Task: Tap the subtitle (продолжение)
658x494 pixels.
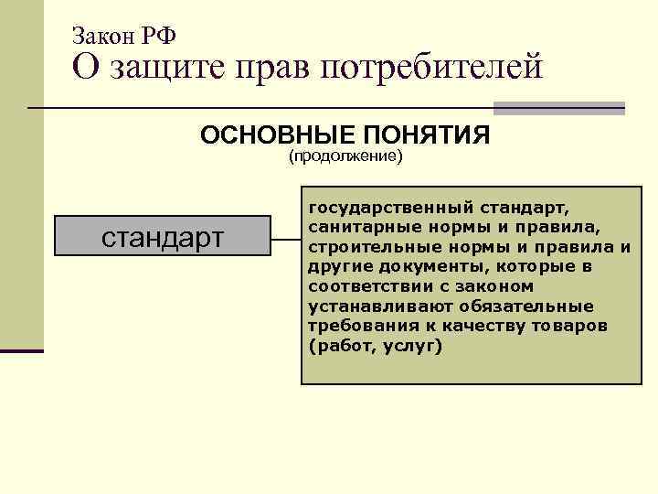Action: click(345, 156)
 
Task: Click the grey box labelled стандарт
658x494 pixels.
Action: click(163, 236)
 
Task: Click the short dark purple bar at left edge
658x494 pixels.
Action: click(22, 349)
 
